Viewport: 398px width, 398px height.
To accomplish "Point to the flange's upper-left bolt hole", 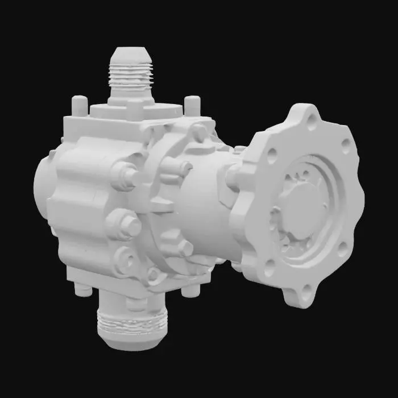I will click(x=272, y=153).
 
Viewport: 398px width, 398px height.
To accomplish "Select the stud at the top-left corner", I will click(x=80, y=105).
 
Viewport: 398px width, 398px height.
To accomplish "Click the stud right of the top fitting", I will click(x=193, y=105).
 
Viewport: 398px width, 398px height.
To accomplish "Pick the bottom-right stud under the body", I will click(x=191, y=290).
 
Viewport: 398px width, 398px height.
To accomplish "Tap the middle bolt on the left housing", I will click(x=129, y=225).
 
